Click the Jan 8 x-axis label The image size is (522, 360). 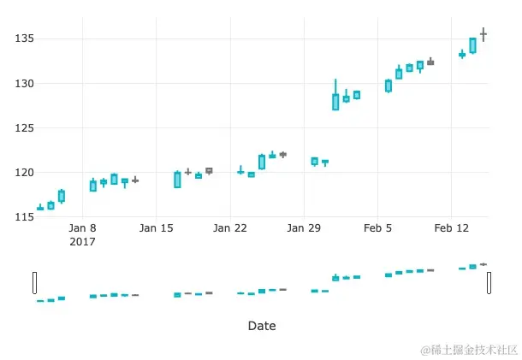tap(82, 228)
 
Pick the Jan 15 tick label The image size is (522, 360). tap(157, 228)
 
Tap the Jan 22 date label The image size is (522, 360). tap(230, 228)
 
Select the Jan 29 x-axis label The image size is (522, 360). tap(304, 228)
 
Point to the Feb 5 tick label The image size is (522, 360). tap(377, 228)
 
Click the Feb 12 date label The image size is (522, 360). tap(451, 228)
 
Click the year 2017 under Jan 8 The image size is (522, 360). tap(82, 242)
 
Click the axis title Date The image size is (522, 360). tap(262, 326)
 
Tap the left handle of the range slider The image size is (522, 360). tap(35, 282)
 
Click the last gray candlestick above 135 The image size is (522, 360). tap(483, 34)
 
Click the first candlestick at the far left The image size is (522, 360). tap(40, 208)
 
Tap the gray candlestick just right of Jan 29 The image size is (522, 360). tap(325, 162)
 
